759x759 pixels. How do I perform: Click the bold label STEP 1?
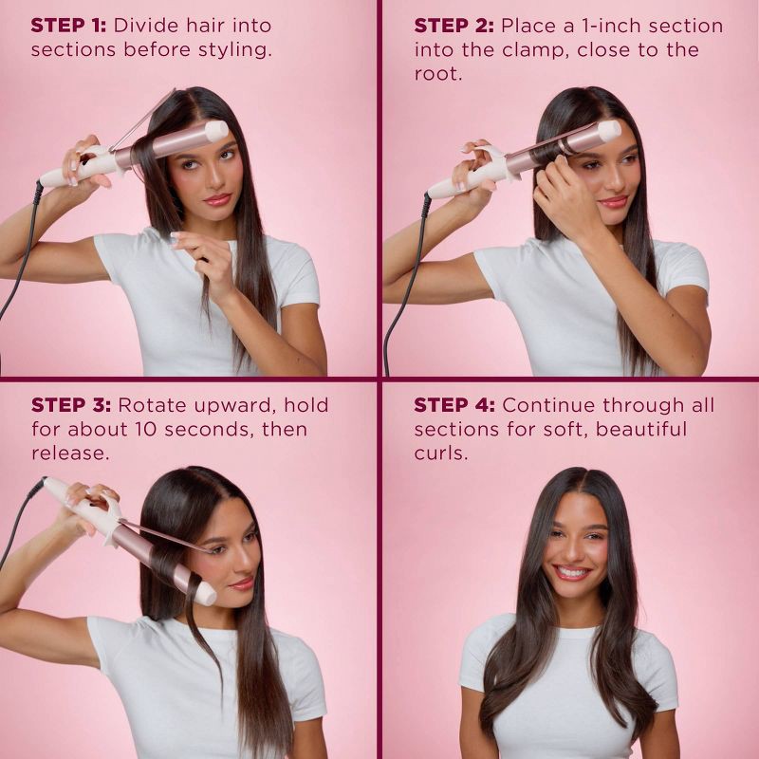68,26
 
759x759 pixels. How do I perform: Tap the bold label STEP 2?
454,26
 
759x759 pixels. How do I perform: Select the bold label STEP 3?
71,405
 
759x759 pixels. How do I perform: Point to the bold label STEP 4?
454,405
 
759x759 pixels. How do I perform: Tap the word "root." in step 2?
438,74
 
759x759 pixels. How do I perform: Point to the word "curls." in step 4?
441,454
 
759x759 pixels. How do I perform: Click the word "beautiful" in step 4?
640,429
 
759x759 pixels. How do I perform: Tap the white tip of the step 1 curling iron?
216,131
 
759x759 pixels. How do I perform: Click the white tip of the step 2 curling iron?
609,131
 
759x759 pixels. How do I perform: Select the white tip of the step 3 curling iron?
206,594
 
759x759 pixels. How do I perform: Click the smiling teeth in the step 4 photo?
572,573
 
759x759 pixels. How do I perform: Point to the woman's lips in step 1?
217,199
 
